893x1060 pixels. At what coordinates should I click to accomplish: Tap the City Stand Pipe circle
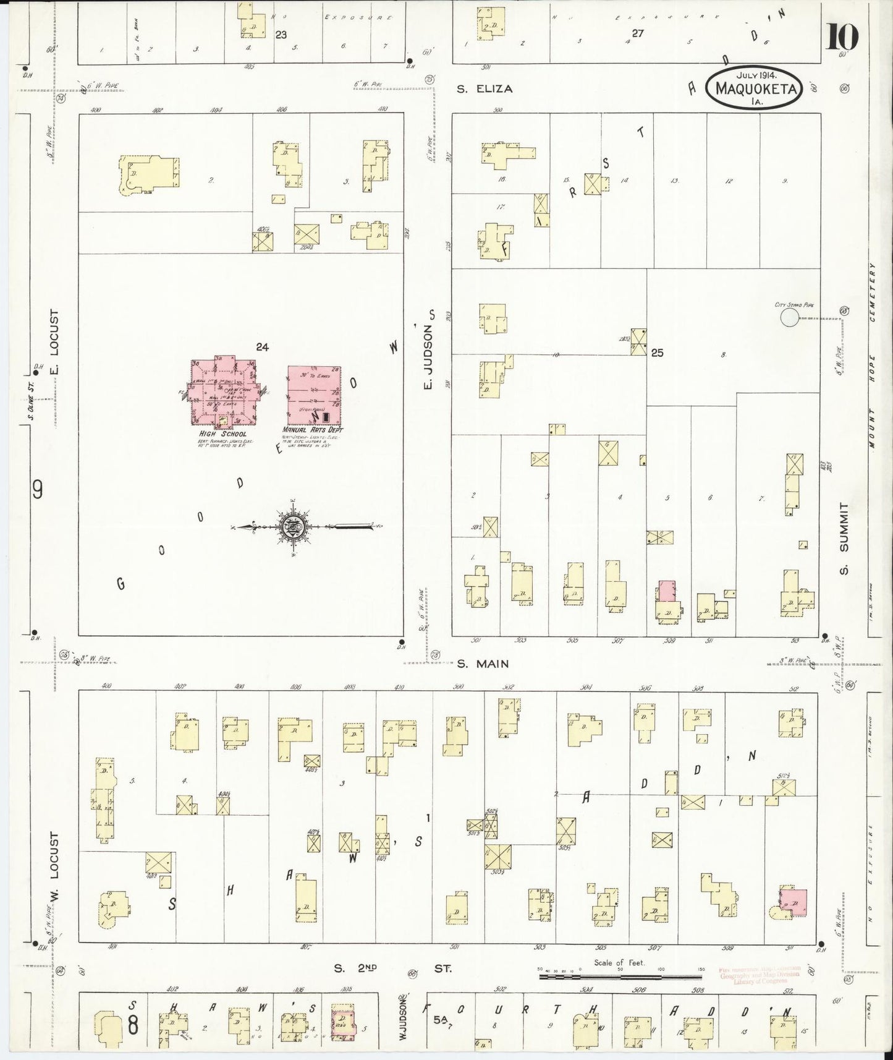coord(789,318)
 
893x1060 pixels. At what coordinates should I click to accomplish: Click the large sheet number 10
coord(841,38)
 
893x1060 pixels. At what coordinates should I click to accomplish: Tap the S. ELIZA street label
coord(485,88)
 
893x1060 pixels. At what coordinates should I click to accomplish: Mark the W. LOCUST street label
coord(54,870)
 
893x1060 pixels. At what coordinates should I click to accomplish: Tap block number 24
coord(263,348)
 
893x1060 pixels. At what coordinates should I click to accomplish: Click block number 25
coord(656,353)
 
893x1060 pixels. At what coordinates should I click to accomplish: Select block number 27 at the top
coord(637,33)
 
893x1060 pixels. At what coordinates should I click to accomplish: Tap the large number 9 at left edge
coord(38,490)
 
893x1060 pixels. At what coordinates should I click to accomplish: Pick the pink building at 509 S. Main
coord(666,591)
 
